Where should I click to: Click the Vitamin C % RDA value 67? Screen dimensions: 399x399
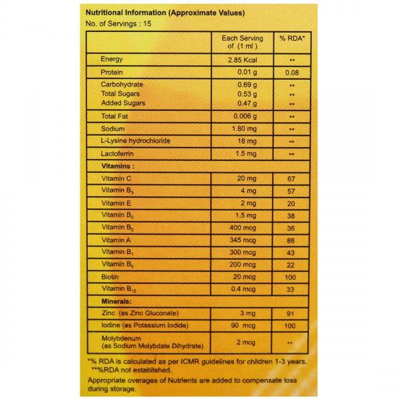pyautogui.click(x=290, y=180)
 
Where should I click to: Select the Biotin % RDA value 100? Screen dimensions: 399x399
pyautogui.click(x=290, y=277)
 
